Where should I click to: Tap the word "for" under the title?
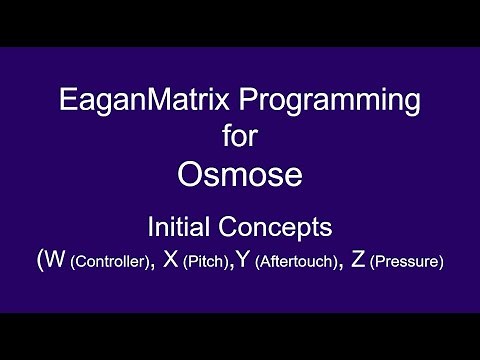[x=239, y=135]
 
